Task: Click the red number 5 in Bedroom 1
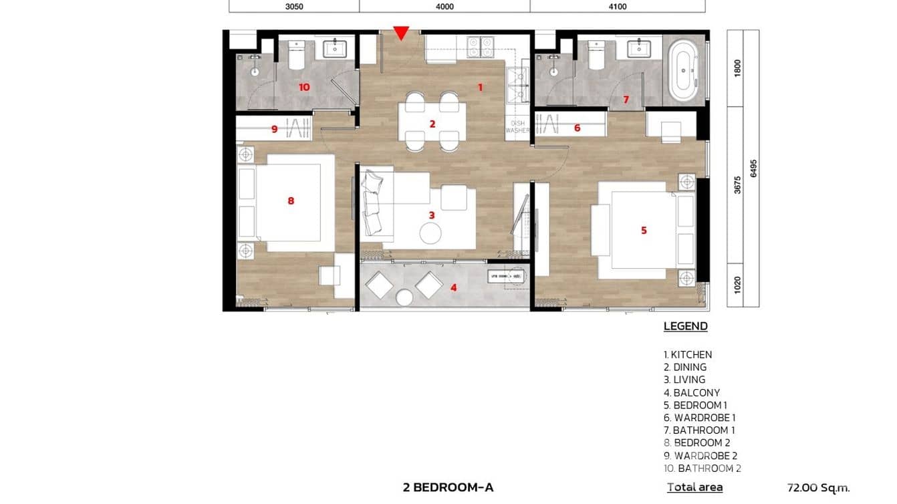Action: (x=644, y=231)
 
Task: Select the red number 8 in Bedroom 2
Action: (x=291, y=200)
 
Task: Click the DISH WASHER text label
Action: (x=517, y=127)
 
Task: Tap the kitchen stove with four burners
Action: (x=481, y=47)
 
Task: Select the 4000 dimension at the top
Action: (x=444, y=7)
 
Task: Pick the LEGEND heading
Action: (x=685, y=327)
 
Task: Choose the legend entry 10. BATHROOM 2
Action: (x=702, y=469)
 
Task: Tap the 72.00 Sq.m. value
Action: (x=818, y=488)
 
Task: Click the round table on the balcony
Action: (x=404, y=297)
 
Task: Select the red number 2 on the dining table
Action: (x=432, y=124)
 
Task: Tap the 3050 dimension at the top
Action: (x=294, y=7)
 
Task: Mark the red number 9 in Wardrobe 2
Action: (x=274, y=130)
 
